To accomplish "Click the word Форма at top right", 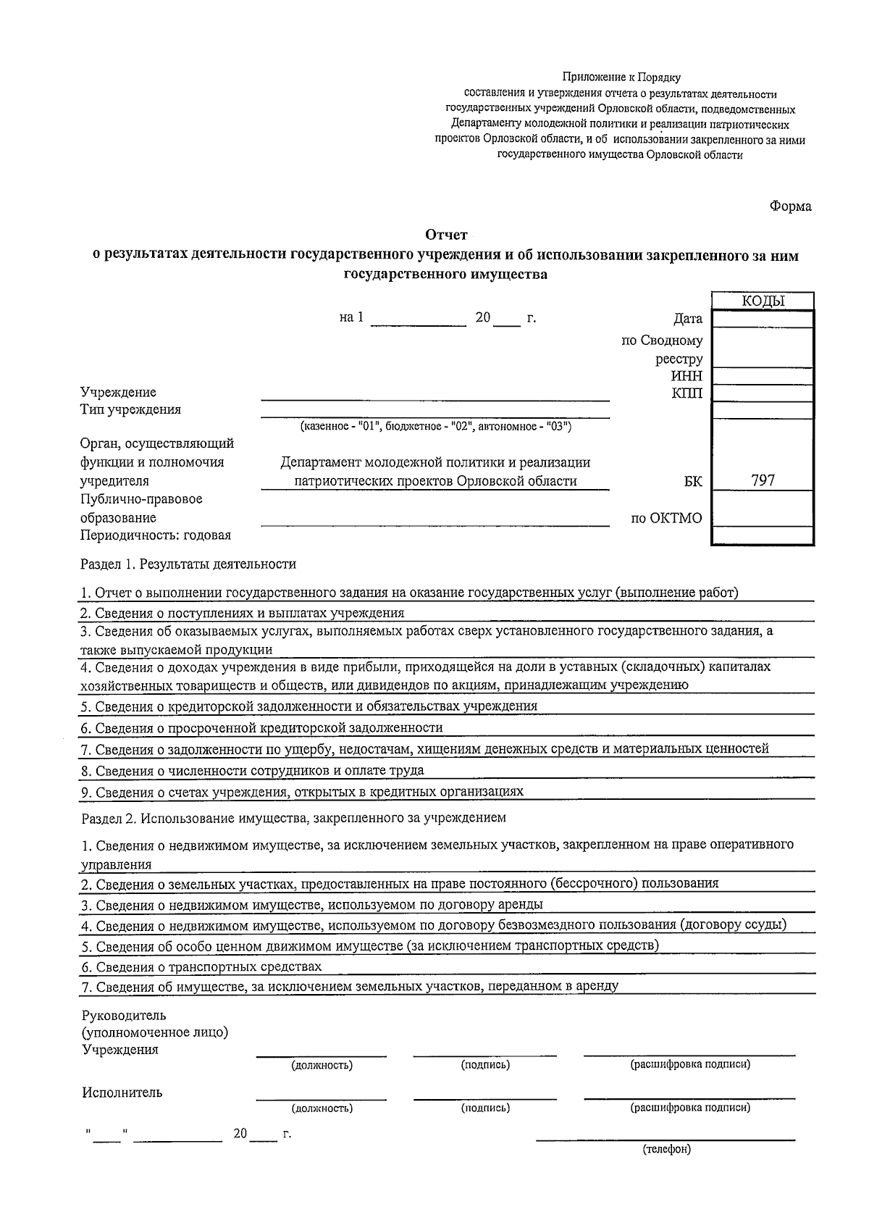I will pyautogui.click(x=790, y=206).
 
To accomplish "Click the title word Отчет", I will pyautogui.click(x=446, y=235).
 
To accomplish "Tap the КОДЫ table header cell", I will pyautogui.click(x=763, y=301).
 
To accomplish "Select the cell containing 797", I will pyautogui.click(x=763, y=480).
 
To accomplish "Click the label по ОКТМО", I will pyautogui.click(x=666, y=518).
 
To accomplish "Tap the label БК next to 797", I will pyautogui.click(x=692, y=480).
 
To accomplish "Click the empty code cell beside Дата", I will pyautogui.click(x=763, y=319).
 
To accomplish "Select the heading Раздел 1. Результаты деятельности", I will pyautogui.click(x=188, y=564).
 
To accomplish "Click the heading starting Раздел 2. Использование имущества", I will pyautogui.click(x=293, y=817).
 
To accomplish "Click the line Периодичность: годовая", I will pyautogui.click(x=155, y=535).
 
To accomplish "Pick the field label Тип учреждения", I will pyautogui.click(x=130, y=409).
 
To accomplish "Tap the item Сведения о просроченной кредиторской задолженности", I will pyautogui.click(x=261, y=727).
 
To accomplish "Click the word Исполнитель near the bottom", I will pyautogui.click(x=122, y=1093).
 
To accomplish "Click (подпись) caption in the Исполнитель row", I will pyautogui.click(x=484, y=1108).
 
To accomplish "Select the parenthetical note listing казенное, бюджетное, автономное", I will pyautogui.click(x=436, y=427).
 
